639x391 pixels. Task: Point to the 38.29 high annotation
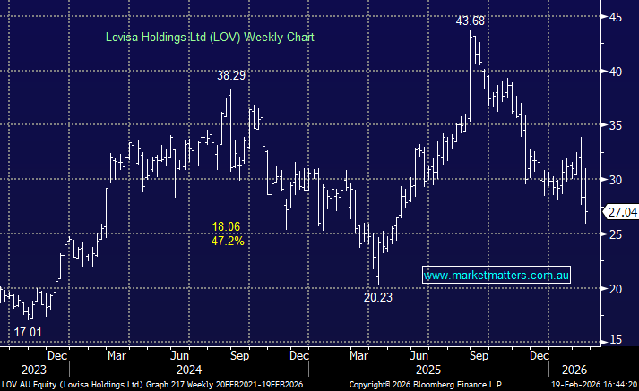click(x=231, y=76)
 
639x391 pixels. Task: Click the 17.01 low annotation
click(x=29, y=332)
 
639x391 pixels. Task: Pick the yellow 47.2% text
click(x=228, y=241)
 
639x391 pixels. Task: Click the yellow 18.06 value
click(x=228, y=227)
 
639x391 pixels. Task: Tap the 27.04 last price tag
click(x=621, y=213)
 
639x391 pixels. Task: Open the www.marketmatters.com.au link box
click(x=497, y=276)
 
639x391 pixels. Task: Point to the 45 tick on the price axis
click(x=617, y=16)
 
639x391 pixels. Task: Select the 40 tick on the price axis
click(x=617, y=71)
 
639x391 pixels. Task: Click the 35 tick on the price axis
click(x=617, y=125)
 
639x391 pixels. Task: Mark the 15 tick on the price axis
click(x=617, y=340)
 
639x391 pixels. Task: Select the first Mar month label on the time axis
click(x=117, y=353)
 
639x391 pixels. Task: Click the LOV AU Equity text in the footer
click(x=27, y=384)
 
